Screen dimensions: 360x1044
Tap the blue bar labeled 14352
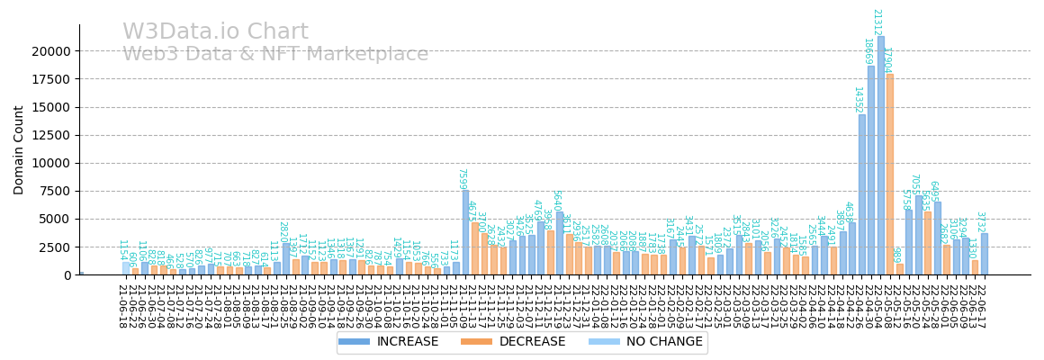click(x=861, y=194)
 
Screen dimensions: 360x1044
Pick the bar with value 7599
click(x=465, y=232)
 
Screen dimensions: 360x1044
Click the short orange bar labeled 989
click(x=899, y=269)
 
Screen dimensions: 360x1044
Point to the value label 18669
click(x=868, y=51)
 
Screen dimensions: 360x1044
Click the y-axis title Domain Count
click(x=20, y=149)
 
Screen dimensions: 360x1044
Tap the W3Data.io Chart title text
click(x=215, y=32)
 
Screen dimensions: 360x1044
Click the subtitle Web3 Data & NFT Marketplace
click(x=275, y=54)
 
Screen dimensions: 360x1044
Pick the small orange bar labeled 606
click(x=135, y=271)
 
